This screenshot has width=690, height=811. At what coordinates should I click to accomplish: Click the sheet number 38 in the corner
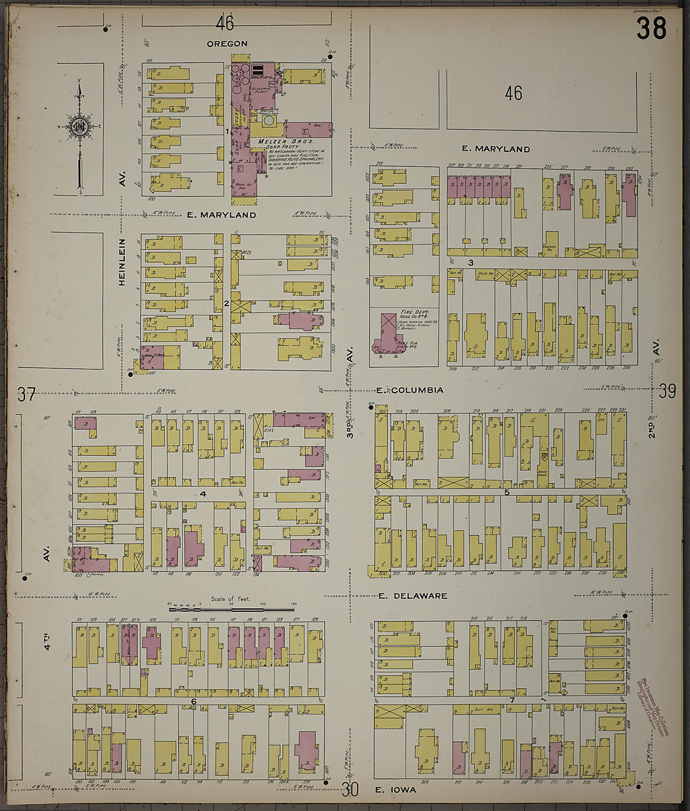point(651,29)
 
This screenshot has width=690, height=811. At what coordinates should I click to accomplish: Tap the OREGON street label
point(227,44)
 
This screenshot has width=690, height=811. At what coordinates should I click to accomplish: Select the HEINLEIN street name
point(122,262)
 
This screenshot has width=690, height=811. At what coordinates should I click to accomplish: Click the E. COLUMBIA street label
point(411,390)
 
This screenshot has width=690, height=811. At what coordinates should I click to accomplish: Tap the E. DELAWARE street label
point(413,596)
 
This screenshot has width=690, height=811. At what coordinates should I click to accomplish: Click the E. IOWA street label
point(395,790)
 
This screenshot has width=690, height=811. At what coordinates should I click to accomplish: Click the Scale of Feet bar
point(232,607)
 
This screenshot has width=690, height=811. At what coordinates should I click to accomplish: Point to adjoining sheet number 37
point(26,395)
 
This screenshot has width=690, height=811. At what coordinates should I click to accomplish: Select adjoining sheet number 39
point(667,391)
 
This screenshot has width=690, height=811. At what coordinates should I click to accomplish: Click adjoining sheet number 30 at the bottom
point(350,790)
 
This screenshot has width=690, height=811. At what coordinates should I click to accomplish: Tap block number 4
point(203,494)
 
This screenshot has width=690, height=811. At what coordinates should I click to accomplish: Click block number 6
point(194,701)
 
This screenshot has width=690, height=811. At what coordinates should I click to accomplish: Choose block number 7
point(512,699)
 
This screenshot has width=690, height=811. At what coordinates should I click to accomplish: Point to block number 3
point(469,262)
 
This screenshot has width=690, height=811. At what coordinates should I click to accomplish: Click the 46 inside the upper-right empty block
point(513,94)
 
